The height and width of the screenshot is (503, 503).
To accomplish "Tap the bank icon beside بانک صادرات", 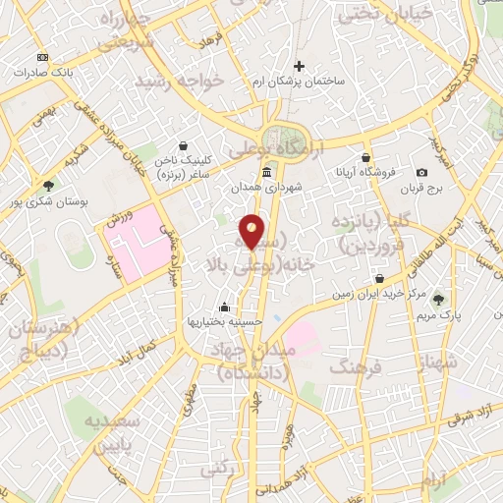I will tap(41, 57).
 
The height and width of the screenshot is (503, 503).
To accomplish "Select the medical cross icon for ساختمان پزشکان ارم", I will tap(300, 67).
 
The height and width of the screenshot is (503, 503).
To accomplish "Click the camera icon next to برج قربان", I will tap(421, 172).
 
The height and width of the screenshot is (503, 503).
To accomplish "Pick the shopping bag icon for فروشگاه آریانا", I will tap(365, 157).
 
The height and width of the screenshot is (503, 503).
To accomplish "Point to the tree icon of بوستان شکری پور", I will tap(48, 185).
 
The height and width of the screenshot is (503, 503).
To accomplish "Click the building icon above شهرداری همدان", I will tap(267, 172).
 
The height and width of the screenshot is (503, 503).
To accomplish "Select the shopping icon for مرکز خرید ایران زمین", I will tap(378, 279).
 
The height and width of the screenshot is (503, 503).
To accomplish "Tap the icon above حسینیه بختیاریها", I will tap(225, 306).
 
